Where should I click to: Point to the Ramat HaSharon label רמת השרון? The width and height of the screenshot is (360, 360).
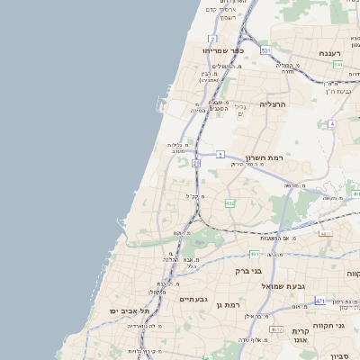tap(264, 157)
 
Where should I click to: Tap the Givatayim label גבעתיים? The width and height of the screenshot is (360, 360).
tap(193, 299)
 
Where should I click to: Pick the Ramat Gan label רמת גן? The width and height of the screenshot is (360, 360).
tap(231, 306)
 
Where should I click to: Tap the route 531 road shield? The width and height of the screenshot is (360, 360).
tap(266, 51)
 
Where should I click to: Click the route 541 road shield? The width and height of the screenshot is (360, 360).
tap(337, 65)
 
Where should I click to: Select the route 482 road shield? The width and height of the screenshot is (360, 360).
tap(230, 203)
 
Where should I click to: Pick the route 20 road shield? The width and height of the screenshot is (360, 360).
tap(196, 163)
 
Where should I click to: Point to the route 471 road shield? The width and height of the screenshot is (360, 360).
tap(320, 301)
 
